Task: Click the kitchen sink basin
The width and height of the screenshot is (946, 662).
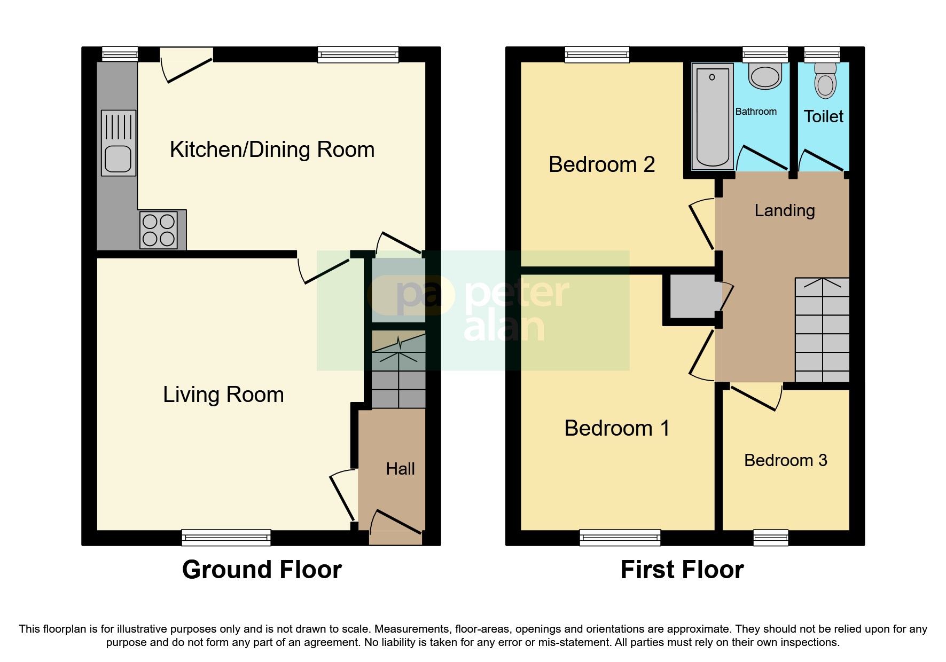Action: pos(118,159)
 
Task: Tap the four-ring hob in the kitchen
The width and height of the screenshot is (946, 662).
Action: pos(159,230)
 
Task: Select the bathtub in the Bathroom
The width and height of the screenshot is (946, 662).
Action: pos(713,116)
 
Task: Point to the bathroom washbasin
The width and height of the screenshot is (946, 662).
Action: pos(765,77)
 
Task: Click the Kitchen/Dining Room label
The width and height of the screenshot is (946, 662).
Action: pos(272,149)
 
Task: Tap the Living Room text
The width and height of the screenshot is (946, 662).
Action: pos(223,395)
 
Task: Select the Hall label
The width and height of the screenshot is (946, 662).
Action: pos(400,469)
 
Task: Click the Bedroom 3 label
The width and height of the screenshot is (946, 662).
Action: pos(785,460)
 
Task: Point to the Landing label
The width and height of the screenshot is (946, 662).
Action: pos(784,210)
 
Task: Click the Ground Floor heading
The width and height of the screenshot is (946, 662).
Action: pos(262,570)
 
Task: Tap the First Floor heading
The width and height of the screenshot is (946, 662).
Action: pos(682,570)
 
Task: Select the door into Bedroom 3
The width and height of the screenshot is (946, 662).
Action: pos(753,398)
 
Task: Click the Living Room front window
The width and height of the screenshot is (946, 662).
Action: pos(226,537)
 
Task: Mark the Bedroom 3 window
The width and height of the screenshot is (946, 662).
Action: pos(770,537)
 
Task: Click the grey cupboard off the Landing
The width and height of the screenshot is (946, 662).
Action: pos(692,296)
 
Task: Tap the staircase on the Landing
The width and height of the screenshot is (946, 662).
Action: pos(822,331)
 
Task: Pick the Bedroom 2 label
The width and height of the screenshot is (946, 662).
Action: pos(601,164)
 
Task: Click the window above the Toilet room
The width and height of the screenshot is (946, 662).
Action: pos(822,54)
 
